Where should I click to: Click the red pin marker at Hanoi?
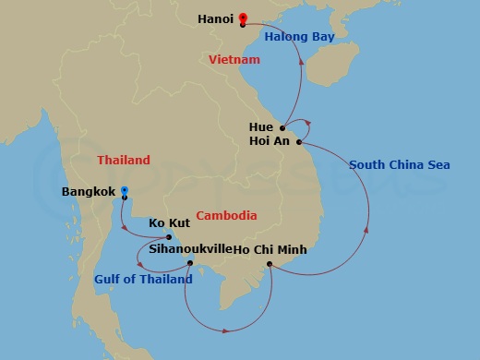(243, 18)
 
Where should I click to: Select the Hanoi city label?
(215, 18)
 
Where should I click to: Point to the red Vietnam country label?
(234, 59)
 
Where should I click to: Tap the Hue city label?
(261, 126)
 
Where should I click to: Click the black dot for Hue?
(283, 128)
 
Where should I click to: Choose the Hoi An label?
(270, 141)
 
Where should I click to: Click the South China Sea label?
(399, 165)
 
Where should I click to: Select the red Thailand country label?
(124, 161)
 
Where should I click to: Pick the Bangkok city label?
(89, 192)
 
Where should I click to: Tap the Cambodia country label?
(226, 216)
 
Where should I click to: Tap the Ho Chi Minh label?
(270, 249)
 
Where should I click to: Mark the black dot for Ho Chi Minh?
(270, 265)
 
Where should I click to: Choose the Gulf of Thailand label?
(143, 279)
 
